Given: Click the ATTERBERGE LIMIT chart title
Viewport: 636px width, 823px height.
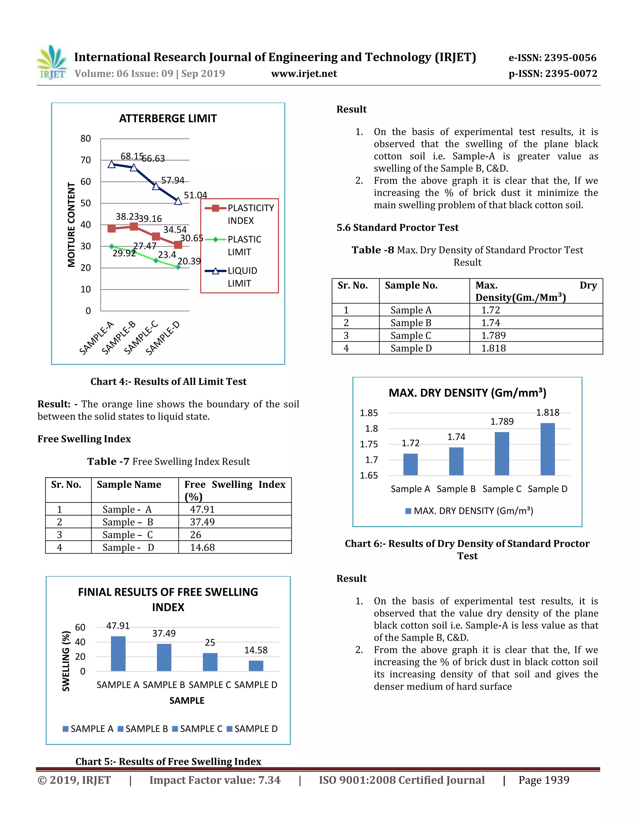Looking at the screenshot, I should (x=168, y=119).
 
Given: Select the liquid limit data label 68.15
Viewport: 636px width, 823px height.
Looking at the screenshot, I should (x=131, y=156).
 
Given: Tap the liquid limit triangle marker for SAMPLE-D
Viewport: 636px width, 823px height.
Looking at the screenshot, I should (x=178, y=201).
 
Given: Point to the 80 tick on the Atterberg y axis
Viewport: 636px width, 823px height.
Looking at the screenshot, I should (x=85, y=139).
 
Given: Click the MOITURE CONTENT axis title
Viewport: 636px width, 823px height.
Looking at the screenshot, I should (x=71, y=225).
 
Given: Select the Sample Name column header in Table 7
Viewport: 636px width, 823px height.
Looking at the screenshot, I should (x=129, y=484).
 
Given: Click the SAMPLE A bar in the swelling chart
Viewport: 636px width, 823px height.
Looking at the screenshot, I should (x=118, y=653).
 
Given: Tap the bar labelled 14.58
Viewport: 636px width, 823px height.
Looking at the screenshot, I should (x=256, y=666).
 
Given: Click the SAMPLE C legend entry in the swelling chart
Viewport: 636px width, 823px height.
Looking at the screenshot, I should (x=198, y=729).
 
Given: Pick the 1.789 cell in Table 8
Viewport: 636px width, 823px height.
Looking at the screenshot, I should (x=493, y=335).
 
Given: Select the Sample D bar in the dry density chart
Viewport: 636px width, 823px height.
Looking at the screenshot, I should (x=547, y=449).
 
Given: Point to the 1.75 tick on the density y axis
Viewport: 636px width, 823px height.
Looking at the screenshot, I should (x=369, y=444).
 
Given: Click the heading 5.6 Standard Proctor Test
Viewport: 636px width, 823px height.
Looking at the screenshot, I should (x=397, y=228).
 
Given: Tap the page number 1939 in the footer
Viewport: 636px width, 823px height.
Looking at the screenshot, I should (x=544, y=780).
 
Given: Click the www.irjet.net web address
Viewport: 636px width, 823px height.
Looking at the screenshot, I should (x=304, y=74).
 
